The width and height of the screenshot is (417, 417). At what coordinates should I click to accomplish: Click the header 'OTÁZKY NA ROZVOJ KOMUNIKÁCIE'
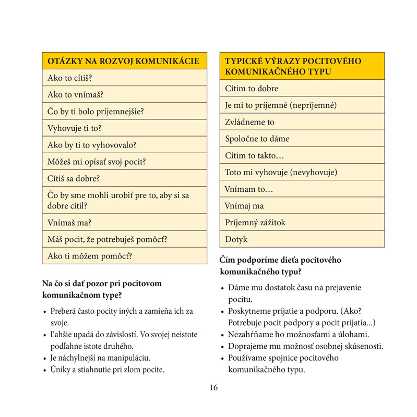123,61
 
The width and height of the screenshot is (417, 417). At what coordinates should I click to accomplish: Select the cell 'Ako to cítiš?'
123,78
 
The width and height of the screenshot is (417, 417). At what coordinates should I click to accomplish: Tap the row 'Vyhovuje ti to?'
123,128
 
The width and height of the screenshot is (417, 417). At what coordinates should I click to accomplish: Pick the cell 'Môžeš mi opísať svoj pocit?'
123,162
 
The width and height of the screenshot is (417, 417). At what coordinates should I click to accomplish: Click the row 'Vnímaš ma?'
123,223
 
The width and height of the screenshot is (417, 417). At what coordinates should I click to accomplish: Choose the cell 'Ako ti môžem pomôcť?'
123,256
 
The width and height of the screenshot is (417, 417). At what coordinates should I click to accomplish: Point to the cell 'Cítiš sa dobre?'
123,178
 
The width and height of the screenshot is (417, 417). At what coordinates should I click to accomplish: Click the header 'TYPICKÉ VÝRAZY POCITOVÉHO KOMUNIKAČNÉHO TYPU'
302,66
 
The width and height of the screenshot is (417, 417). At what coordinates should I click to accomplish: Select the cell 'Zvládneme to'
302,122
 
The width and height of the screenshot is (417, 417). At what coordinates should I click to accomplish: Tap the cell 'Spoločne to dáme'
302,139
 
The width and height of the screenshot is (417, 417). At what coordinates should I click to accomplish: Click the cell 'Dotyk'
302,239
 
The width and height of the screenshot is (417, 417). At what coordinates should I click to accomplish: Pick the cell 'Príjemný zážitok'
302,223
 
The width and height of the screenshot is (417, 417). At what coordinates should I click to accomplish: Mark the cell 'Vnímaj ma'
302,206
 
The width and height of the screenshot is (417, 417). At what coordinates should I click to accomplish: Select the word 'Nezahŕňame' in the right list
249,334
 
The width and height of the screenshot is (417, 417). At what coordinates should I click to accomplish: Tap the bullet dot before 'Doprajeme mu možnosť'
222,347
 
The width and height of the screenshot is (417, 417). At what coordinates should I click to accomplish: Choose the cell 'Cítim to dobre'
302,89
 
